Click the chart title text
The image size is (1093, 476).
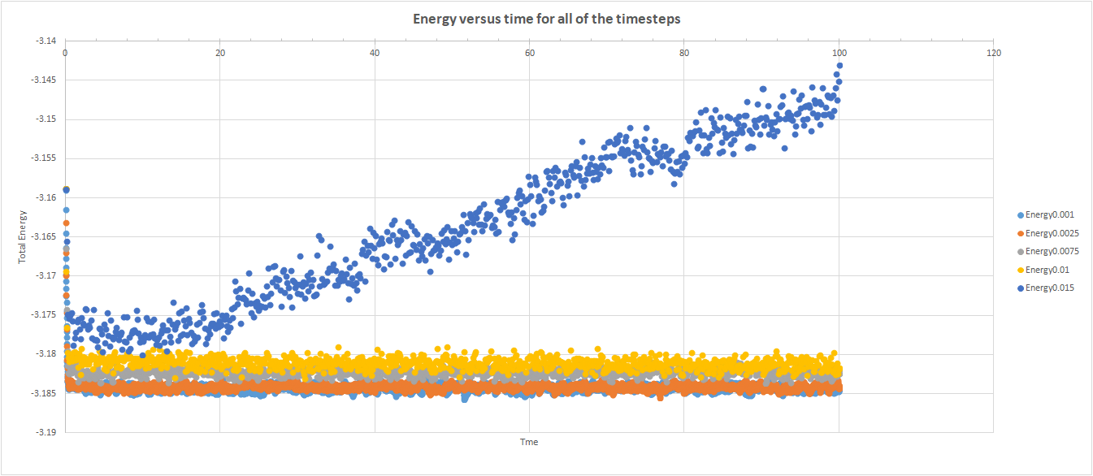pyautogui.click(x=546, y=18)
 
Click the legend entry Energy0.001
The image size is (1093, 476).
pyautogui.click(x=1048, y=215)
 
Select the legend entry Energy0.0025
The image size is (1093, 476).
pyautogui.click(x=1051, y=233)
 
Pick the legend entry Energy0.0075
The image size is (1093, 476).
pyautogui.click(x=1051, y=251)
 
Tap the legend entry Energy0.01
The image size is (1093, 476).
pyautogui.click(x=1046, y=270)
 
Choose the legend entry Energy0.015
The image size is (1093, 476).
pyautogui.click(x=1048, y=288)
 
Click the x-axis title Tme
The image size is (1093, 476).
pyautogui.click(x=529, y=443)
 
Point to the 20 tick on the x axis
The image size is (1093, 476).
pyautogui.click(x=219, y=54)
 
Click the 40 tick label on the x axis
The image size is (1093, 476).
pyautogui.click(x=374, y=54)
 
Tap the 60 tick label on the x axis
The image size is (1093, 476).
pyautogui.click(x=529, y=54)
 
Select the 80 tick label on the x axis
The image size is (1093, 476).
pyautogui.click(x=683, y=54)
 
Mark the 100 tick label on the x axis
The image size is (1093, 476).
pyautogui.click(x=838, y=54)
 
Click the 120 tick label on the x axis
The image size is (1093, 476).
pyautogui.click(x=993, y=54)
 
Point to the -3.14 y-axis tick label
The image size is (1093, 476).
pyautogui.click(x=46, y=41)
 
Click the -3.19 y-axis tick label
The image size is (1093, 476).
pyautogui.click(x=46, y=433)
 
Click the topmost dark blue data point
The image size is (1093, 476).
pyautogui.click(x=839, y=66)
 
